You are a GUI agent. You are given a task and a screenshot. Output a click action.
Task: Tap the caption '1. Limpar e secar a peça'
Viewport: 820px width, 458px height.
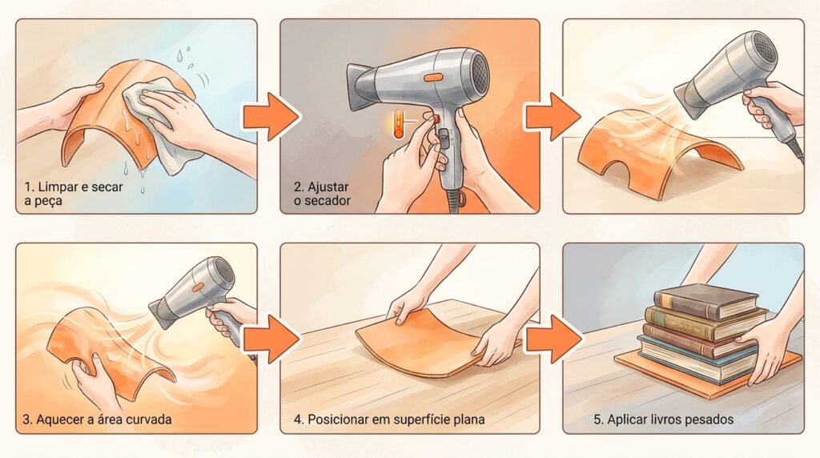point(74,194)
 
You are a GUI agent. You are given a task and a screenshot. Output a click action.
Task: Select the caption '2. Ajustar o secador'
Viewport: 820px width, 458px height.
point(322,194)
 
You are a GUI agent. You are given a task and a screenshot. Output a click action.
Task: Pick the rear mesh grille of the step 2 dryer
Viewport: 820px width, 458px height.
point(480,70)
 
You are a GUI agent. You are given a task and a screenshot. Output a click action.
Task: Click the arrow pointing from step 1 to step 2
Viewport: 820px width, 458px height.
point(271,116)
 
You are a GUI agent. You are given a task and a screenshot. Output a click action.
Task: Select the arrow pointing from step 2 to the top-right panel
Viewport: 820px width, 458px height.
point(553,116)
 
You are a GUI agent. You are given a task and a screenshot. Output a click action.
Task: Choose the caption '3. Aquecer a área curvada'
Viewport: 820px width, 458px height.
point(97,420)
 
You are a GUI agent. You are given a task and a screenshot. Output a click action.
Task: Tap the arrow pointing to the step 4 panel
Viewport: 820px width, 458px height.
point(271,339)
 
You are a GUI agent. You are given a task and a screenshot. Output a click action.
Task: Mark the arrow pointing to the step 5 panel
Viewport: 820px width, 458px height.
point(553,339)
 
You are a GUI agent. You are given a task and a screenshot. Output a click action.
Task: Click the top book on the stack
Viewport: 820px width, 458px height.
point(706,300)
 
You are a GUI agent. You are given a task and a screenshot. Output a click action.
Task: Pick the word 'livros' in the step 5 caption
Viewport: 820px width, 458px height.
point(667,420)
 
